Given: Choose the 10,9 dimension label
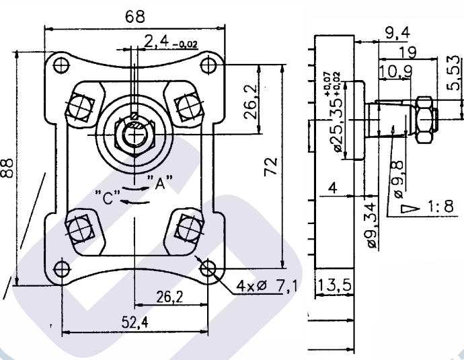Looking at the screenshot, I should (x=395, y=71).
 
